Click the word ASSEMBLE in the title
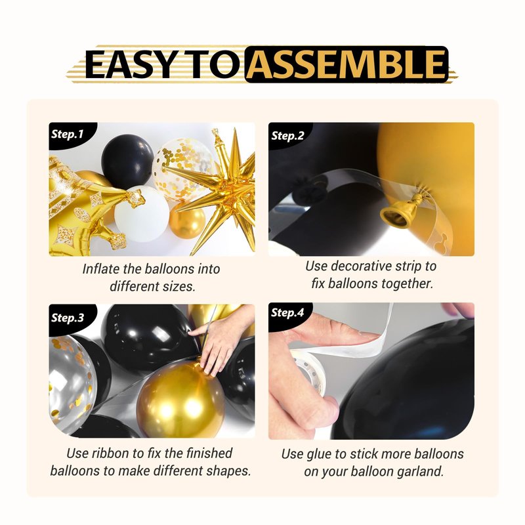point(346,64)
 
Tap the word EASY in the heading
point(129,64)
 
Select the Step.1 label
point(67,135)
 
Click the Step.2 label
point(287,136)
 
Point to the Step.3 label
point(68,318)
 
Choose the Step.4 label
point(287,312)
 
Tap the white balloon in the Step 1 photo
point(142,214)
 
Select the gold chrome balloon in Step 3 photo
point(181,398)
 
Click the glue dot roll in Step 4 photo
point(308,371)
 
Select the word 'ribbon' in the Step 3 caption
point(110,453)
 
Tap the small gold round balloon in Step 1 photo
point(187,221)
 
